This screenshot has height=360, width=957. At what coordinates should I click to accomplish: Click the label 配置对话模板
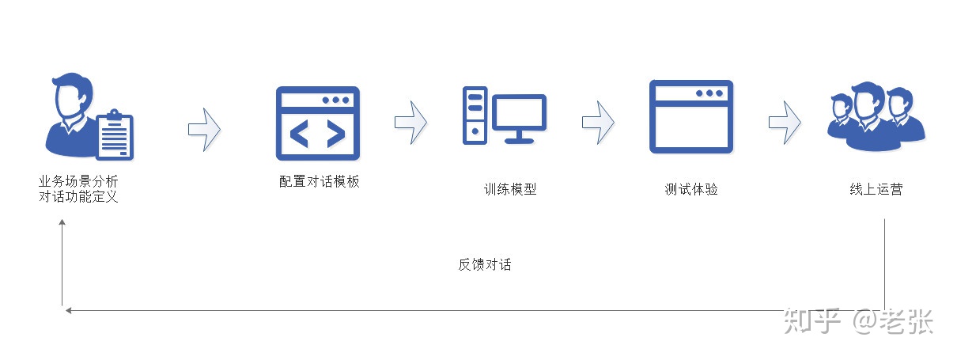click(319, 181)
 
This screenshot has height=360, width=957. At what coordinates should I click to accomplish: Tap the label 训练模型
click(510, 189)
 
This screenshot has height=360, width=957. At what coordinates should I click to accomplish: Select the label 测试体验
click(690, 189)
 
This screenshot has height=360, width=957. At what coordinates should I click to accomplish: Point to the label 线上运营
click(876, 189)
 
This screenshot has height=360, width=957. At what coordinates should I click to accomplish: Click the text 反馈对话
click(485, 264)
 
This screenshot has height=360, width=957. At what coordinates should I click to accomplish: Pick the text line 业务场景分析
click(78, 181)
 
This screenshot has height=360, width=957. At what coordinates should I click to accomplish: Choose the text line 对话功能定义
click(78, 197)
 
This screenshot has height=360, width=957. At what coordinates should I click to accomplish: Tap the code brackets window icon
click(318, 123)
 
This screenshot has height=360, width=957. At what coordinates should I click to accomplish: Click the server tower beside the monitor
click(475, 116)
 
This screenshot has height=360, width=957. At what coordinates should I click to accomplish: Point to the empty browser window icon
click(691, 116)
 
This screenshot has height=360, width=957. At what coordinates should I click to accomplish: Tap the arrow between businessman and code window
click(204, 129)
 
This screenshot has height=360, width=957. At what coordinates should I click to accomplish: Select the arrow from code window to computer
click(410, 123)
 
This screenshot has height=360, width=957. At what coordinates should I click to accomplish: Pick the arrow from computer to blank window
click(598, 123)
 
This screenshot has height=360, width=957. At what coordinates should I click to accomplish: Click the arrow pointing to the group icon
click(785, 123)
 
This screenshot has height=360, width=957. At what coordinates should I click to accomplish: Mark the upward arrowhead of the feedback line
click(62, 222)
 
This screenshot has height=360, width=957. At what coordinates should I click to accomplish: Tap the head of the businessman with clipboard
click(73, 95)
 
